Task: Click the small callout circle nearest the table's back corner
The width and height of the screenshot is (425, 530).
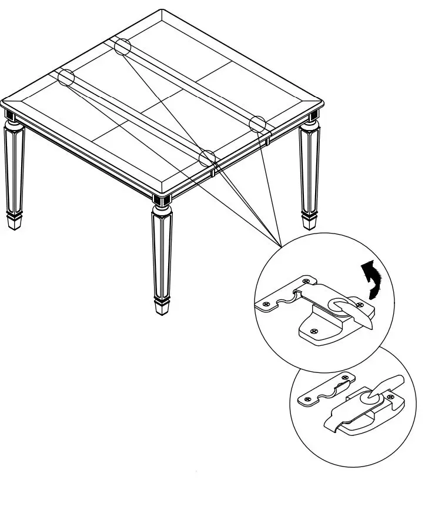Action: tap(122, 46)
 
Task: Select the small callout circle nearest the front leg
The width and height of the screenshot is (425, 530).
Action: tap(208, 158)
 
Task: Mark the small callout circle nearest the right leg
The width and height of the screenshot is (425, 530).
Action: tap(257, 124)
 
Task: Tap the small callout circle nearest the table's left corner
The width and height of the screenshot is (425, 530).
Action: tap(66, 77)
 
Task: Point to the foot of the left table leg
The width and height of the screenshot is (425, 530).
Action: tap(15, 221)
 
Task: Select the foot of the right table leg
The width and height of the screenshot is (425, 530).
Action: tap(310, 222)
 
